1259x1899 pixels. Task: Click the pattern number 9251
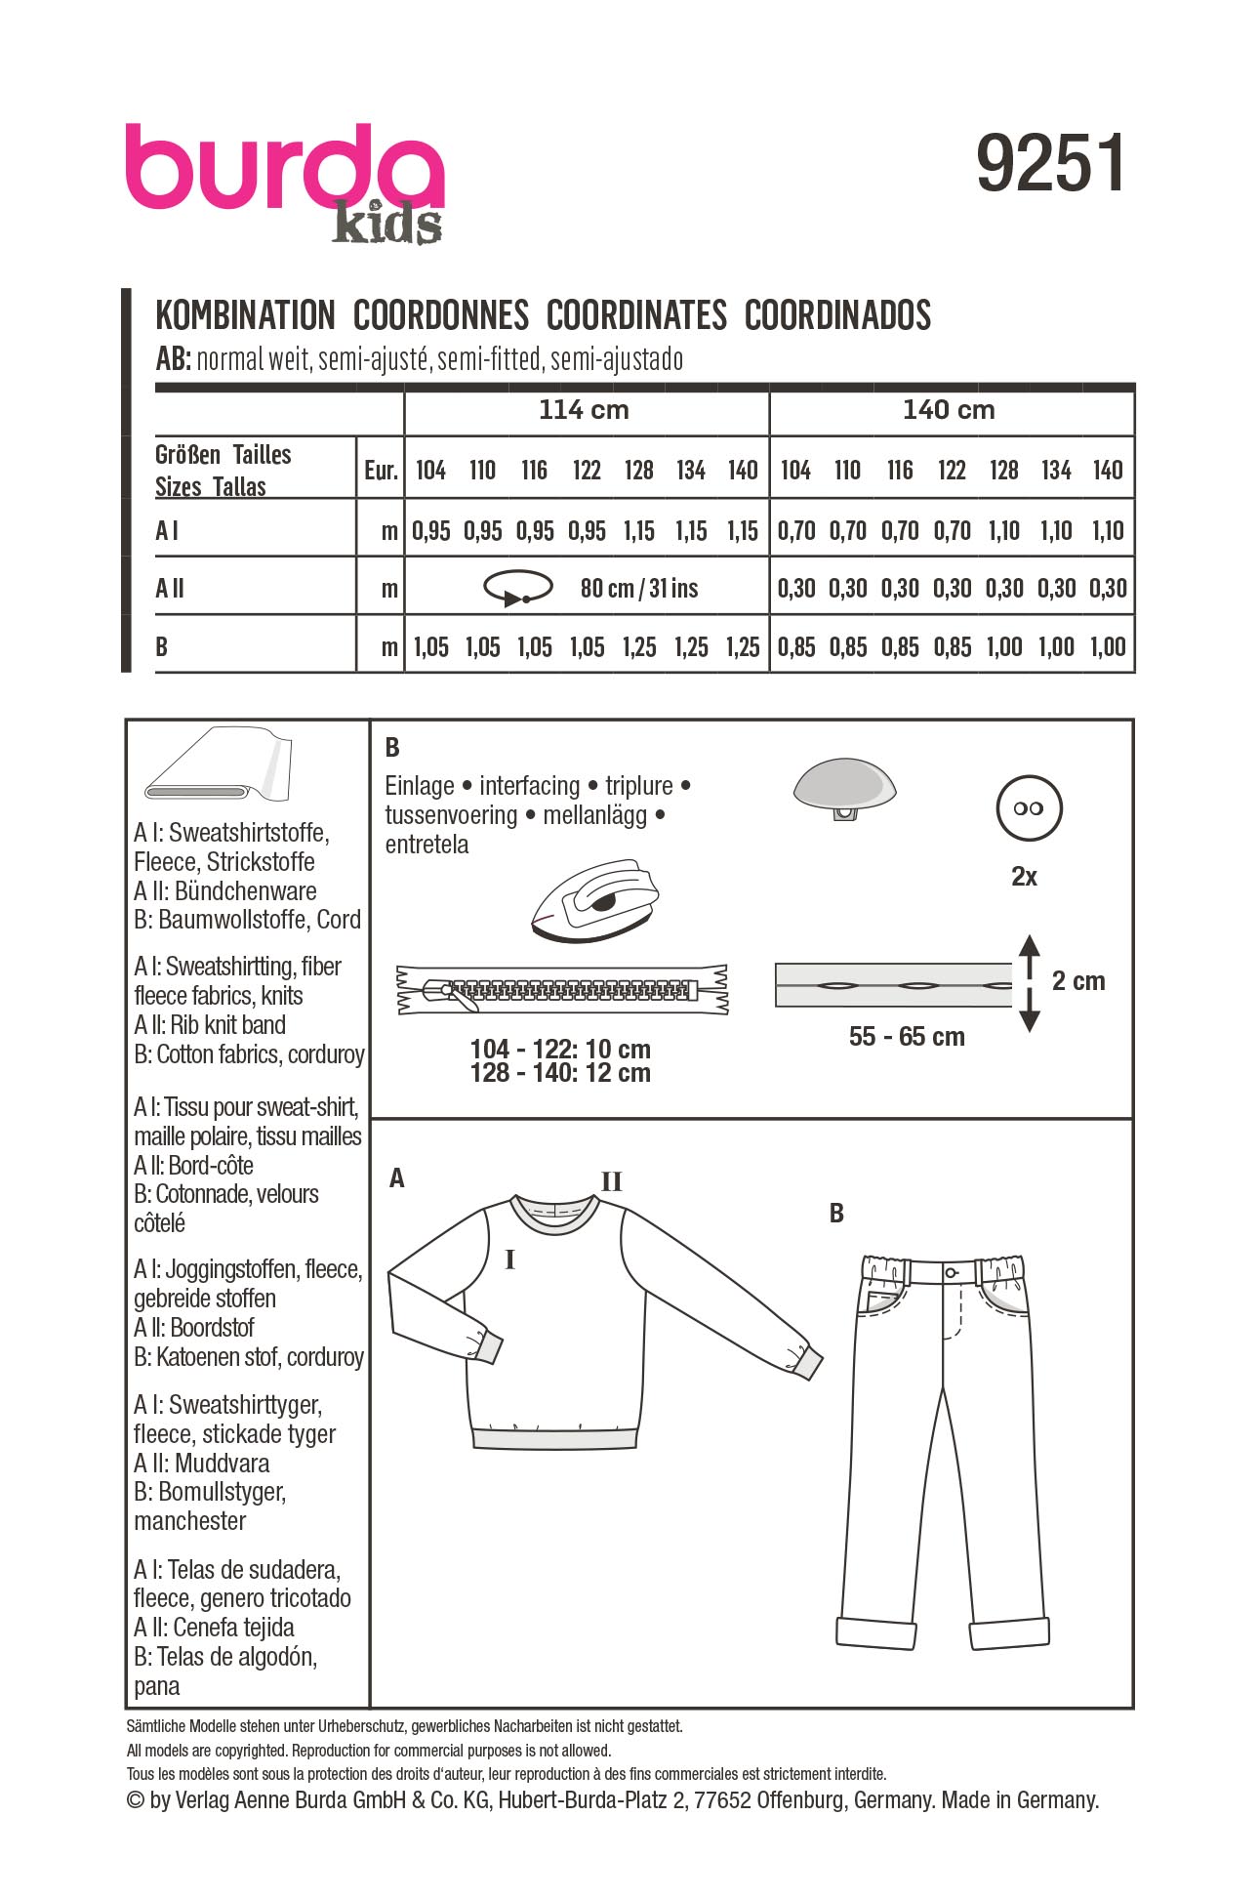(1050, 164)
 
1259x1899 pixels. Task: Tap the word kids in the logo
(387, 224)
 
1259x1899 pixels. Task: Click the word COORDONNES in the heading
(440, 315)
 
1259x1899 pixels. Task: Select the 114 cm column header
(584, 410)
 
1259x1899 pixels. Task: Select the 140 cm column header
(949, 410)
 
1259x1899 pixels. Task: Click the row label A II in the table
(170, 588)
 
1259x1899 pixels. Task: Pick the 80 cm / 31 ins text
(639, 589)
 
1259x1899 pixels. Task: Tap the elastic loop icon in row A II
(517, 588)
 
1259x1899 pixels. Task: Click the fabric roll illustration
(219, 764)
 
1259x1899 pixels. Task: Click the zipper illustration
(562, 989)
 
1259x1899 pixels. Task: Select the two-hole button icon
(1028, 808)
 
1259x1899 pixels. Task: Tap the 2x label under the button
(1024, 877)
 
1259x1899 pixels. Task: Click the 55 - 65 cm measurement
(907, 1037)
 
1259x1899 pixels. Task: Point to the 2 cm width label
(1078, 981)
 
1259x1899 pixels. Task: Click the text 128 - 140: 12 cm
(560, 1073)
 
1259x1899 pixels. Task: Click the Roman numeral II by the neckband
(611, 1182)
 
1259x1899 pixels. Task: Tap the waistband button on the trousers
(951, 1273)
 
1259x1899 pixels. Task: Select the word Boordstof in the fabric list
(212, 1328)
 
